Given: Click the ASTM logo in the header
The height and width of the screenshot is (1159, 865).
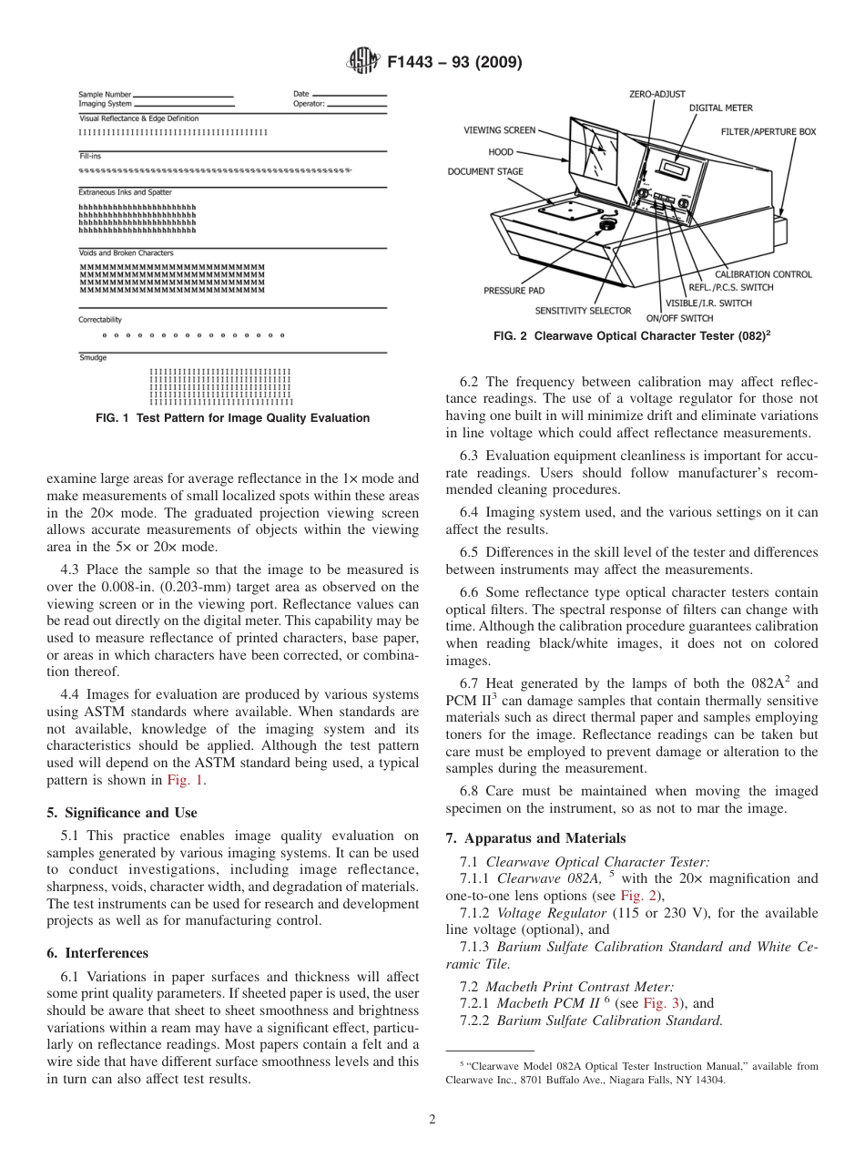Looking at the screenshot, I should pos(365,62).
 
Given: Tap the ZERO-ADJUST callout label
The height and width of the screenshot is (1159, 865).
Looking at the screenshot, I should pos(656,94).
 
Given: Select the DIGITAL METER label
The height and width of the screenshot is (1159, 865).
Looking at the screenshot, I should pos(720,108).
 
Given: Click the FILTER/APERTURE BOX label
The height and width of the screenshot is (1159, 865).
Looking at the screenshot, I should pos(768,132).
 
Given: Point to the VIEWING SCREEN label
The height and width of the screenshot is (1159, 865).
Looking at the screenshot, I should pos(500,130).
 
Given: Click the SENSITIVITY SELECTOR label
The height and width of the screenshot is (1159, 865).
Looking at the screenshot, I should pos(583,311).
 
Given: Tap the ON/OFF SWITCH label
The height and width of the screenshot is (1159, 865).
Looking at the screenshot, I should pos(679,319).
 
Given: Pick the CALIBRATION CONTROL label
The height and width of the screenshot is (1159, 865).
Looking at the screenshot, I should pos(762,274).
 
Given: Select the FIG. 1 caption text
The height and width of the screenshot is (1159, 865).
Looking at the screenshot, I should pos(232,418).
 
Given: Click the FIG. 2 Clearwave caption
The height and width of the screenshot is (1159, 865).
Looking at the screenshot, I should pos(632,336).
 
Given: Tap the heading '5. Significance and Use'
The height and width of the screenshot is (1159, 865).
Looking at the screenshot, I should pos(122,812).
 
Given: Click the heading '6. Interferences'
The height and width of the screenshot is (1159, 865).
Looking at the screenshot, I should pos(97,953).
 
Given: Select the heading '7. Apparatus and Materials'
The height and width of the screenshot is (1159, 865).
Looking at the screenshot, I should pos(535,838).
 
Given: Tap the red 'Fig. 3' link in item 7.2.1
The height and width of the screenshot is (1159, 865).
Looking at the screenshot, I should pos(661,1003).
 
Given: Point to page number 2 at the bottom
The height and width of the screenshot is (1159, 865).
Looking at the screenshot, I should pos(432,1120).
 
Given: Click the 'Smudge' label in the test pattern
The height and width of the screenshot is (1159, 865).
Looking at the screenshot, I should pos(92,358).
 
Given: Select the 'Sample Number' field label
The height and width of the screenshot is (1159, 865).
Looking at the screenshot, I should pos(105,94).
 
